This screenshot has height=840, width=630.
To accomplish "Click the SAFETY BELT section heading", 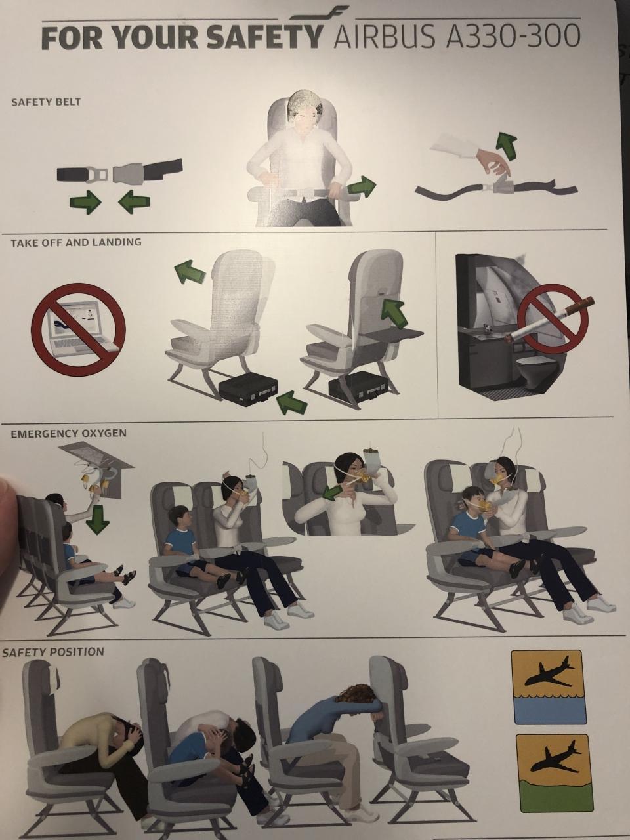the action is pyautogui.click(x=46, y=102).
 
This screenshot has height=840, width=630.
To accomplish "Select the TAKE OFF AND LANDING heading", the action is pyautogui.click(x=75, y=242).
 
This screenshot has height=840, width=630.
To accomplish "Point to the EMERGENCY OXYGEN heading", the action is pyautogui.click(x=68, y=434).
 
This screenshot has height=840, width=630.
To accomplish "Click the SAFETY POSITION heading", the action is pyautogui.click(x=52, y=652).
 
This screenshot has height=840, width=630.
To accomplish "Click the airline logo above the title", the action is pyautogui.click(x=319, y=13).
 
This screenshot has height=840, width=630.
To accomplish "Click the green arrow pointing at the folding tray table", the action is pyautogui.click(x=394, y=312).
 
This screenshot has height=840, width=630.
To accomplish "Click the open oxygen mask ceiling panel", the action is pyautogui.click(x=100, y=465).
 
